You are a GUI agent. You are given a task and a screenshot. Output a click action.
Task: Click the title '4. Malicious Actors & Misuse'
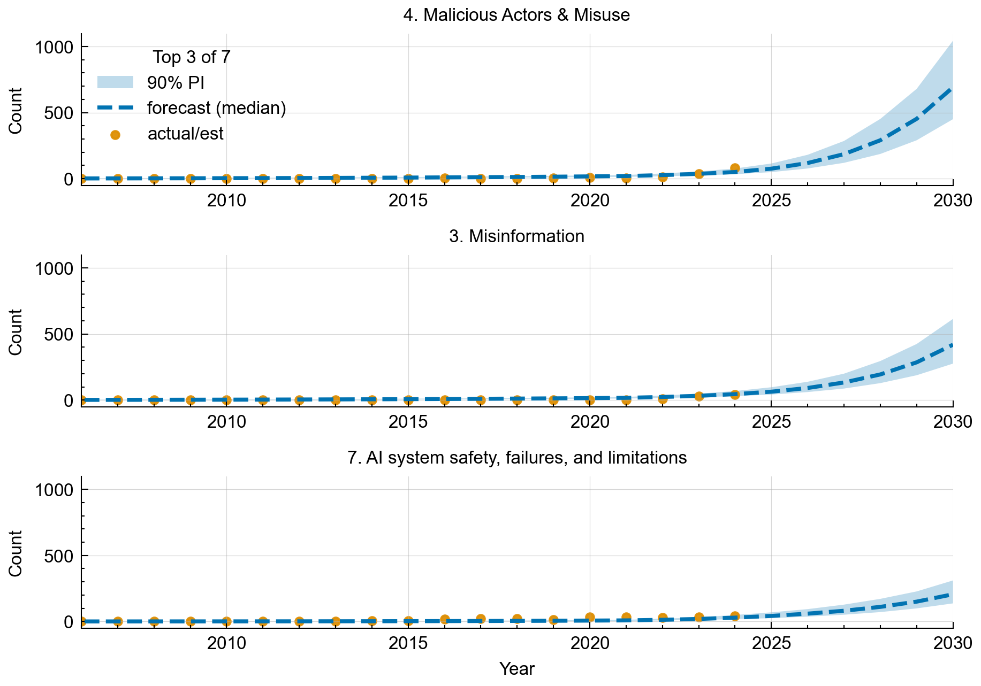pyautogui.click(x=516, y=15)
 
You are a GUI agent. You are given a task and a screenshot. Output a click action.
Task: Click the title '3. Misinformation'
pyautogui.click(x=516, y=236)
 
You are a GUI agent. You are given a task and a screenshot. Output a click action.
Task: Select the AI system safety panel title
pyautogui.click(x=516, y=458)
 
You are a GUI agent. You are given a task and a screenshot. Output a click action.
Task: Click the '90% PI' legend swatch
pyautogui.click(x=115, y=82)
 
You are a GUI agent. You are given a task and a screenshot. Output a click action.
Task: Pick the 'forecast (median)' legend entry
pyautogui.click(x=216, y=108)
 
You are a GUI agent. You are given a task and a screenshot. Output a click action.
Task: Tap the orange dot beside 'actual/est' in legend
pyautogui.click(x=115, y=135)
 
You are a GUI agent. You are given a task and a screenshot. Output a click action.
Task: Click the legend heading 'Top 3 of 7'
pyautogui.click(x=192, y=57)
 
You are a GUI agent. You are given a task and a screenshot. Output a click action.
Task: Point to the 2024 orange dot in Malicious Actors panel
pyautogui.click(x=735, y=168)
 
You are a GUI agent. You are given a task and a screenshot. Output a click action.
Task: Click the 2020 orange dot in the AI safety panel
pyautogui.click(x=590, y=617)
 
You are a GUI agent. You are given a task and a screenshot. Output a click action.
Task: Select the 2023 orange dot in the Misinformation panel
pyautogui.click(x=698, y=396)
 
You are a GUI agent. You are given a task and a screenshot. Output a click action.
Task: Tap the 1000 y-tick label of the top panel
pyautogui.click(x=54, y=47)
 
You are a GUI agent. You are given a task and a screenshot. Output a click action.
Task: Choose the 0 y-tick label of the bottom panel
pyautogui.click(x=68, y=622)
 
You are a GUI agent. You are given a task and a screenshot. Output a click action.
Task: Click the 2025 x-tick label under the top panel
pyautogui.click(x=771, y=201)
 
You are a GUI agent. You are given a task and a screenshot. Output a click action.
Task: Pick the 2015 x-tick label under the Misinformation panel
pyautogui.click(x=408, y=422)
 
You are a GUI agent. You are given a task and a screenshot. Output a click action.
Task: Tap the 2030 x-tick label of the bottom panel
pyautogui.click(x=953, y=643)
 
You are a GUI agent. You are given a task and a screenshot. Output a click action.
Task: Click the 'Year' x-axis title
pyautogui.click(x=516, y=668)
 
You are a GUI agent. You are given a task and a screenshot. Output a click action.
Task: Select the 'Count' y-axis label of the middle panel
pyautogui.click(x=16, y=332)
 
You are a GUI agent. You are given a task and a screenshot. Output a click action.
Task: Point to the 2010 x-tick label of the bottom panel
pyautogui.click(x=226, y=643)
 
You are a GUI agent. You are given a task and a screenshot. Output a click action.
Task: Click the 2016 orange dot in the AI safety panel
pyautogui.click(x=445, y=619)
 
